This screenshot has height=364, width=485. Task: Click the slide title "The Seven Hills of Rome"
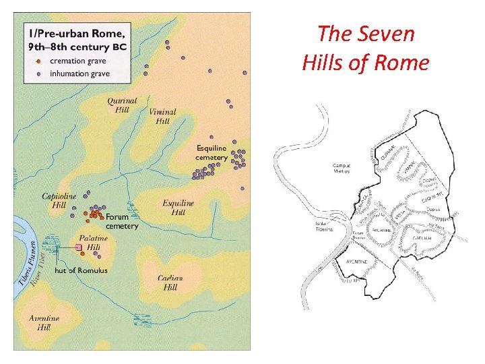(x=366, y=47)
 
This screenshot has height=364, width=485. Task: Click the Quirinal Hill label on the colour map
(x=122, y=105)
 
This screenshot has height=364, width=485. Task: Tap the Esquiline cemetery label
(x=212, y=152)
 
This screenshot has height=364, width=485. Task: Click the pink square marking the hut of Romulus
(x=79, y=248)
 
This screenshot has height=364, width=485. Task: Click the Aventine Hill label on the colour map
(x=44, y=322)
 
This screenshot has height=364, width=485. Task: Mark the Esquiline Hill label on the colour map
(x=178, y=208)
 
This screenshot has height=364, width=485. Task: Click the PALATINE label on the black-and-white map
(x=381, y=231)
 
